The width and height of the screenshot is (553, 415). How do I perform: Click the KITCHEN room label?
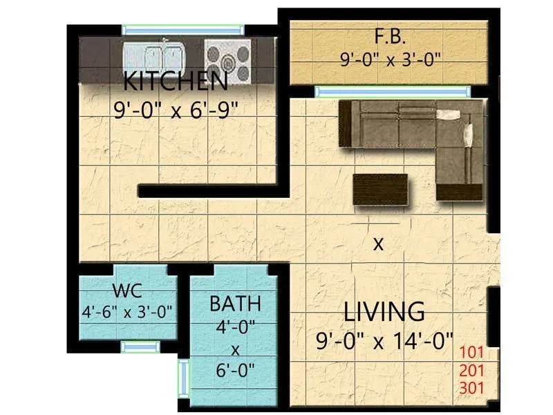176,82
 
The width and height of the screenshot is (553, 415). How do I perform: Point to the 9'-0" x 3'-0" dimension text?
391,59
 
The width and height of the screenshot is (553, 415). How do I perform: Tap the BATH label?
235,303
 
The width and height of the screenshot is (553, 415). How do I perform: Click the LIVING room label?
384,312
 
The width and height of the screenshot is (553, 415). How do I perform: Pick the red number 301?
472,387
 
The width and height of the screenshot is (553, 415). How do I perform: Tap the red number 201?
472,371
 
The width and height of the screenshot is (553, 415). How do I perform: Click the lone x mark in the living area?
377,243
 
